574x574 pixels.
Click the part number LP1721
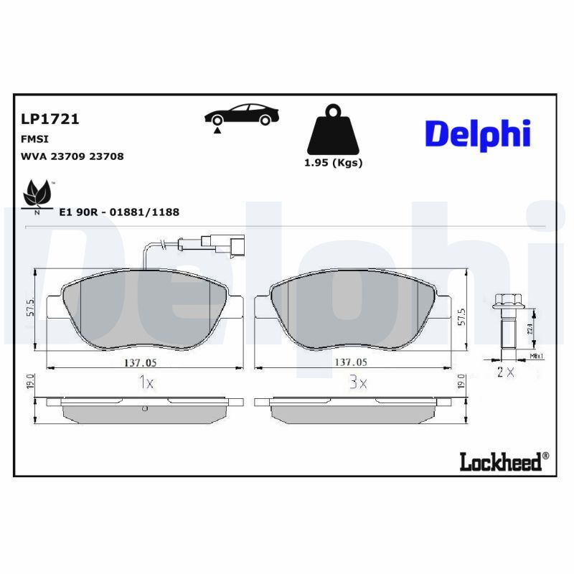pyautogui.click(x=50, y=119)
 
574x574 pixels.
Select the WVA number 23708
pyautogui.click(x=106, y=156)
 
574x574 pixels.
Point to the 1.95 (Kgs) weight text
pyautogui.click(x=333, y=163)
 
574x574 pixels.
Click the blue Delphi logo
pyautogui.click(x=477, y=134)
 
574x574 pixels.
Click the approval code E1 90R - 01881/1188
pyautogui.click(x=119, y=212)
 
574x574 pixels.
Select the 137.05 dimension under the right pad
pyautogui.click(x=352, y=362)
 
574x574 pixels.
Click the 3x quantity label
pyautogui.click(x=358, y=384)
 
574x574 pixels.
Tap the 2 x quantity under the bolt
pyautogui.click(x=505, y=372)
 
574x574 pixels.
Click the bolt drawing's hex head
pyautogui.click(x=507, y=299)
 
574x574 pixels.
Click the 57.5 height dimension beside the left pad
pyautogui.click(x=31, y=308)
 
